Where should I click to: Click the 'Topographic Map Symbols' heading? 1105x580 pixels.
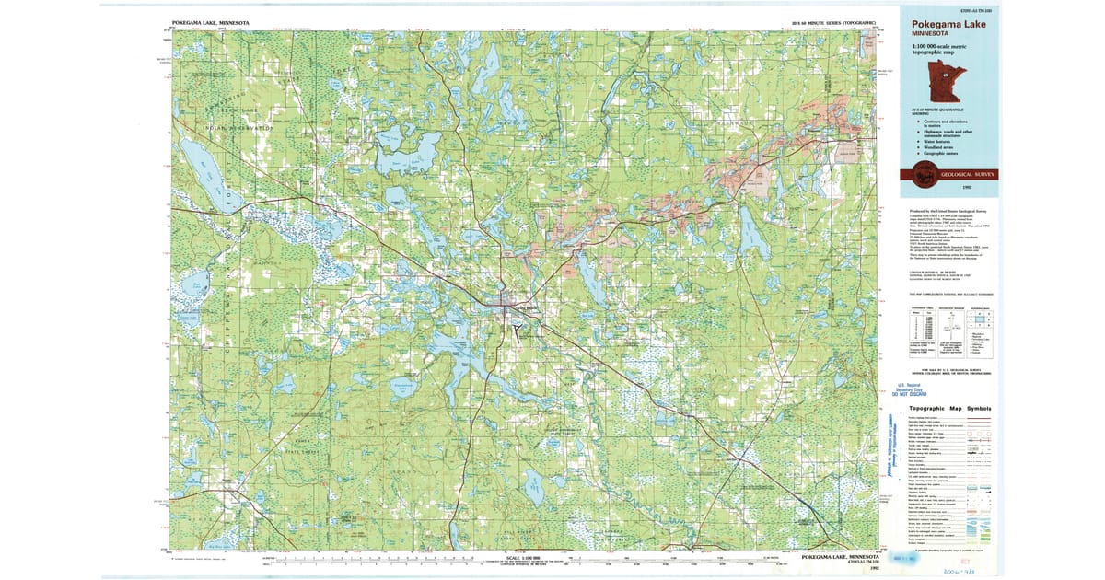(x=950, y=408)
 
